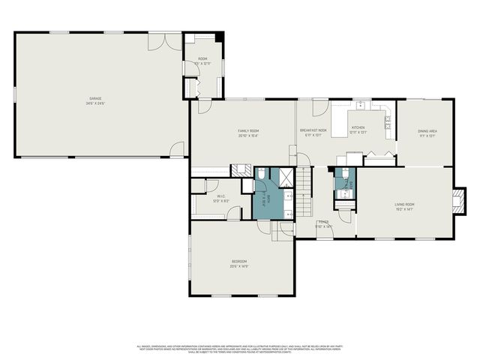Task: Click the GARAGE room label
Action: coord(96,100)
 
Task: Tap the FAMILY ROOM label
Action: coord(248,133)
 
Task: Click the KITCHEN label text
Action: coord(359,129)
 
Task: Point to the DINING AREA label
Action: coord(427,133)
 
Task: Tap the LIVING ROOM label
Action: coord(404,205)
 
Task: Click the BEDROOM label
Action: coord(240,262)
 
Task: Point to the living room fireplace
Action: coord(457,200)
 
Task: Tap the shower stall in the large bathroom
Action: coord(286,178)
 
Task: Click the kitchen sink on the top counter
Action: coord(360,105)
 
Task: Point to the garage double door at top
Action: coord(164,41)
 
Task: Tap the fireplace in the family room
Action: coord(240,170)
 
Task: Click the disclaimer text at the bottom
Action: coord(240,349)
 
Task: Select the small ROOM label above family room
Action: coord(202,61)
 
